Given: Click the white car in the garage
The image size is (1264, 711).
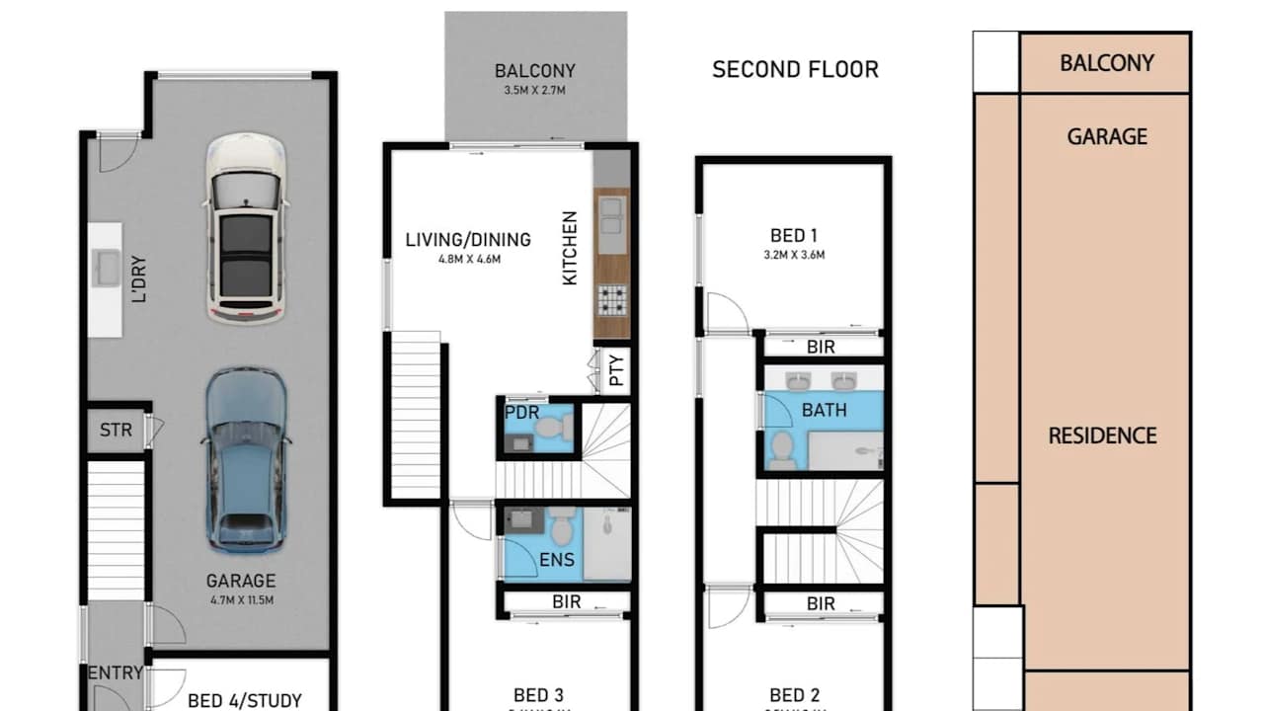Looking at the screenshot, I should point(247,227).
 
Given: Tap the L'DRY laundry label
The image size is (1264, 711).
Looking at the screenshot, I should point(139,279).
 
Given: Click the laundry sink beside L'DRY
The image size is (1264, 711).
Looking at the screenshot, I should point(106,268).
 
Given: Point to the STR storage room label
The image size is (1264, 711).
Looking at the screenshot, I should point(116,431).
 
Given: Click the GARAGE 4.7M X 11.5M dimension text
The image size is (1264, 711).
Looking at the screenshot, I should point(240,598).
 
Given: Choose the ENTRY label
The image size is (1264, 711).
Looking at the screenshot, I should point(116,673).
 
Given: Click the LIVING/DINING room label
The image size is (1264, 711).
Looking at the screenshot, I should point(468,240).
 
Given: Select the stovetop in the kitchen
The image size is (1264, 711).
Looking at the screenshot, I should point(612,299).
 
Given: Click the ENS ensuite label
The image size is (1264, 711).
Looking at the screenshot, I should point(555,560).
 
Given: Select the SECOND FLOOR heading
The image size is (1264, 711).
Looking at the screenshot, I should point(795,69).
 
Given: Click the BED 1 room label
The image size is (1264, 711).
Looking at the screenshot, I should point(794,236).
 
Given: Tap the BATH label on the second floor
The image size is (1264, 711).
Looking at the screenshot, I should point(824,409).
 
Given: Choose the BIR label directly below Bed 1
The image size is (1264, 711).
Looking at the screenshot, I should point(821,348).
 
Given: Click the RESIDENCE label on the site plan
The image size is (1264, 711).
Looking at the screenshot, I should point(1102,435).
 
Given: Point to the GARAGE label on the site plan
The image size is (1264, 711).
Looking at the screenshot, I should point(1107,136).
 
